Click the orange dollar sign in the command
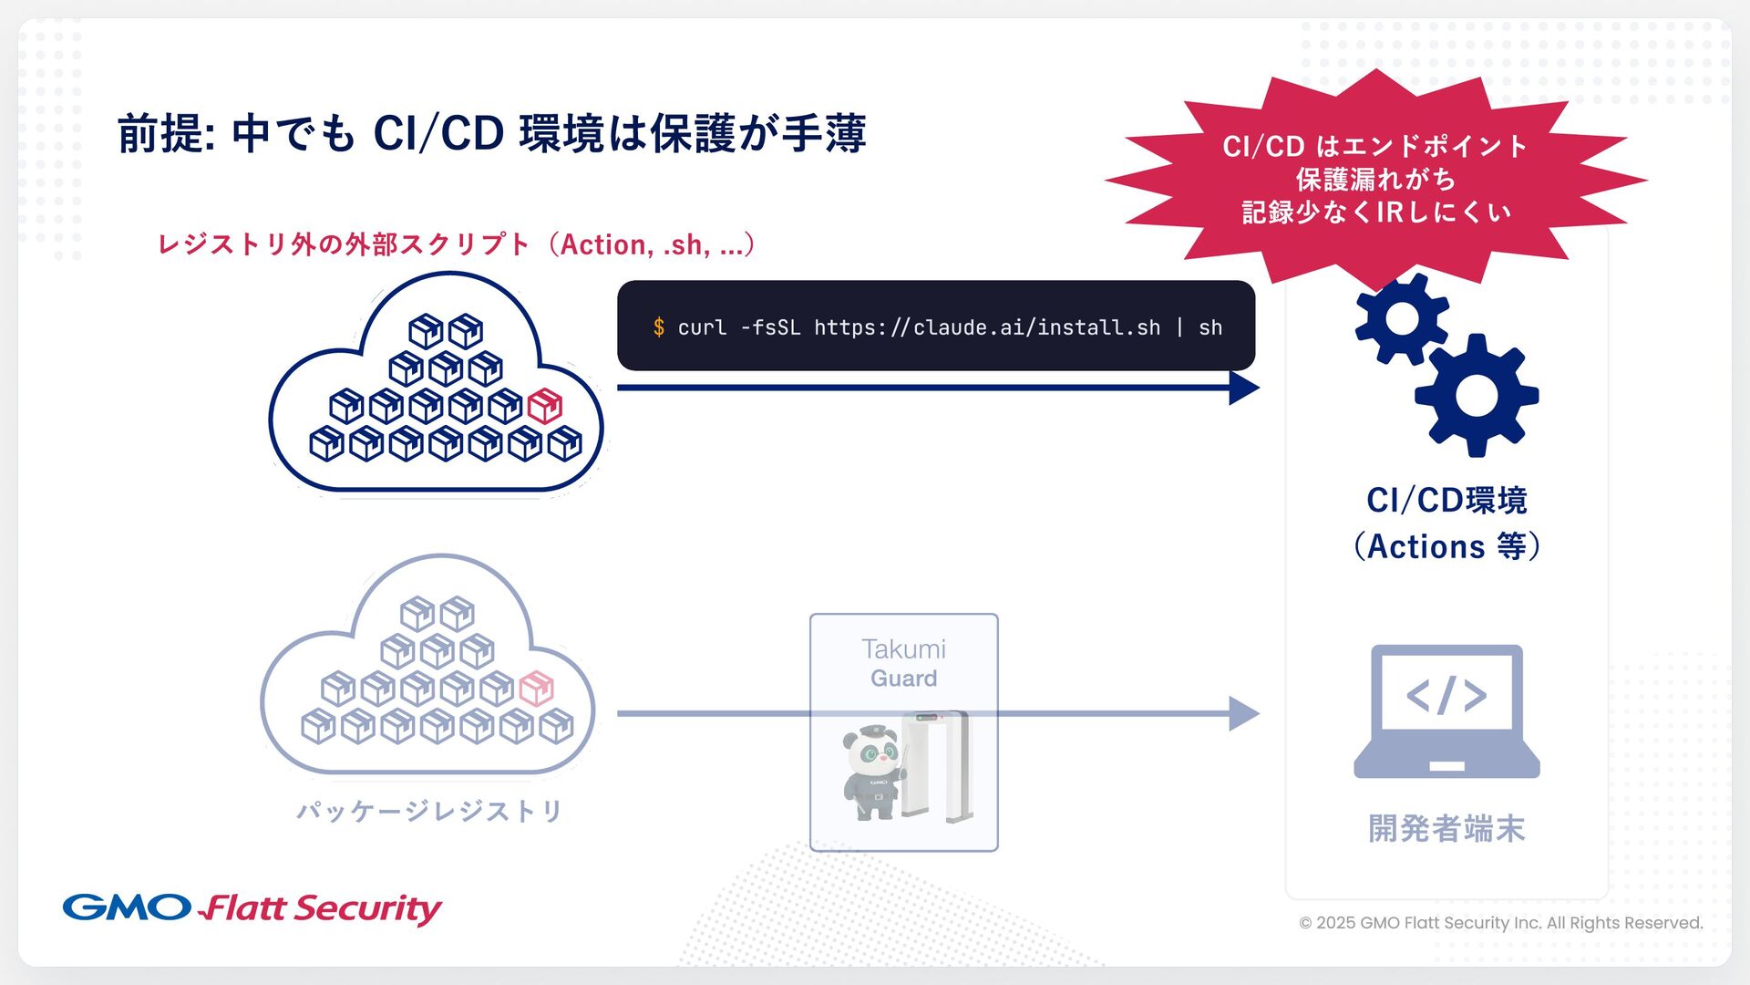(658, 327)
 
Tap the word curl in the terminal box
(702, 327)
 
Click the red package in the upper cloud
(545, 406)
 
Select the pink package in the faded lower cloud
(536, 689)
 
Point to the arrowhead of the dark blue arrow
(1243, 388)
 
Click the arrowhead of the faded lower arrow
(1243, 713)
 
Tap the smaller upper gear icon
(1401, 318)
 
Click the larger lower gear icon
(1477, 395)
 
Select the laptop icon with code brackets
(1446, 711)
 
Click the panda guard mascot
(872, 772)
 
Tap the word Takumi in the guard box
(903, 649)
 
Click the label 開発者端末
(1446, 828)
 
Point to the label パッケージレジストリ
(429, 811)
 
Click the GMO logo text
(127, 907)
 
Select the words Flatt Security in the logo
(321, 908)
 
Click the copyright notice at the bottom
(1500, 923)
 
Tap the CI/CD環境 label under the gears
(1446, 501)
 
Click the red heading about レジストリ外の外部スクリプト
(456, 244)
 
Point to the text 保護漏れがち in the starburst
(1375, 179)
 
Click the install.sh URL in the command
(987, 327)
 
